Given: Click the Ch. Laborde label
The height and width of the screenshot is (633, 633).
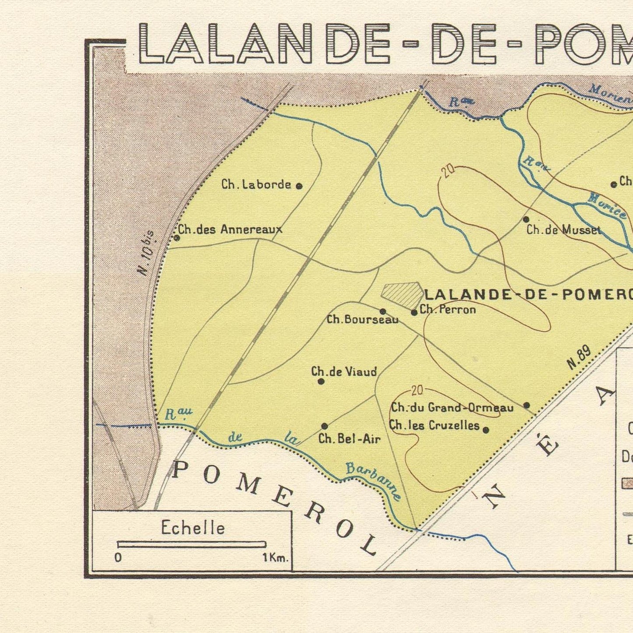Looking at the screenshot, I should point(256,184).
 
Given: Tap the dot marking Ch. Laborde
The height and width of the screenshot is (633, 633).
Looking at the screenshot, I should point(299,186).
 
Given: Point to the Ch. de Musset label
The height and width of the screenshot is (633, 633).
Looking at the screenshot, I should point(563,230).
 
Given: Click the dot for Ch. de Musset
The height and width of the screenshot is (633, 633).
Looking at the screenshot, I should point(526,219).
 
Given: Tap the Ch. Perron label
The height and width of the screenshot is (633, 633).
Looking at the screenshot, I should point(448,310).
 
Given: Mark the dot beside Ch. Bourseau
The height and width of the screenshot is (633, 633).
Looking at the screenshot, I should point(382,311).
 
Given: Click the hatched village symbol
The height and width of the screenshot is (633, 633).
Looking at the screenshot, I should point(401,294).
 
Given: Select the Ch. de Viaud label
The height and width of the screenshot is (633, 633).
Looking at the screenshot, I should point(344,372).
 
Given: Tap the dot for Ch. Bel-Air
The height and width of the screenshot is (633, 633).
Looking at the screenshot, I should point(325,426).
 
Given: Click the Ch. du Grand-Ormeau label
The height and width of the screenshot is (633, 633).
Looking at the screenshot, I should point(452,408).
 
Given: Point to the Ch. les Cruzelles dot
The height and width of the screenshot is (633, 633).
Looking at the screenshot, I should point(486,430).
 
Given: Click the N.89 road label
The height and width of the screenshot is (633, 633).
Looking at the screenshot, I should point(579,357).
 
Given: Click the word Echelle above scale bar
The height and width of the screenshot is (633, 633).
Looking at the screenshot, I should point(193,528).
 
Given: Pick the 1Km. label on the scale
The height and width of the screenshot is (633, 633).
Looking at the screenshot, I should point(275,558).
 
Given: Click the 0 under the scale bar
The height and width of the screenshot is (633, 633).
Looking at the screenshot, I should point(118,558).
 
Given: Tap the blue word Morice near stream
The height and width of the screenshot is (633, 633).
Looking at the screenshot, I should point(607,206).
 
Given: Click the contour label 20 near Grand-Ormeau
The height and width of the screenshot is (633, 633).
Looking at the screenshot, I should point(417,391).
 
